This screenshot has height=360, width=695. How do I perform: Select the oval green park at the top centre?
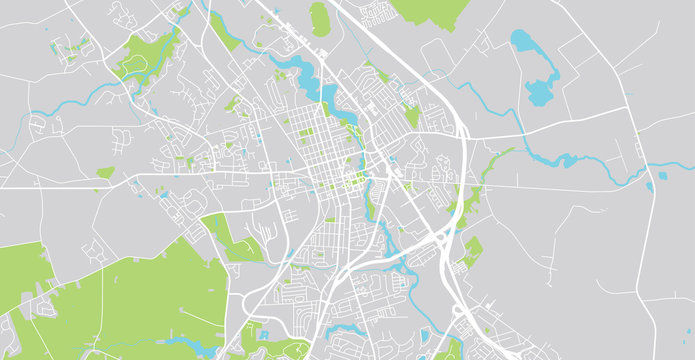tap(320, 18)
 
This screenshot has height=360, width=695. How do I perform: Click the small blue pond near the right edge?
tap(662, 177)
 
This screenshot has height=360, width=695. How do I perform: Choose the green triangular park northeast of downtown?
tap(411, 115)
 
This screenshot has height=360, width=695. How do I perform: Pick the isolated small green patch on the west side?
tap(105, 173)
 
